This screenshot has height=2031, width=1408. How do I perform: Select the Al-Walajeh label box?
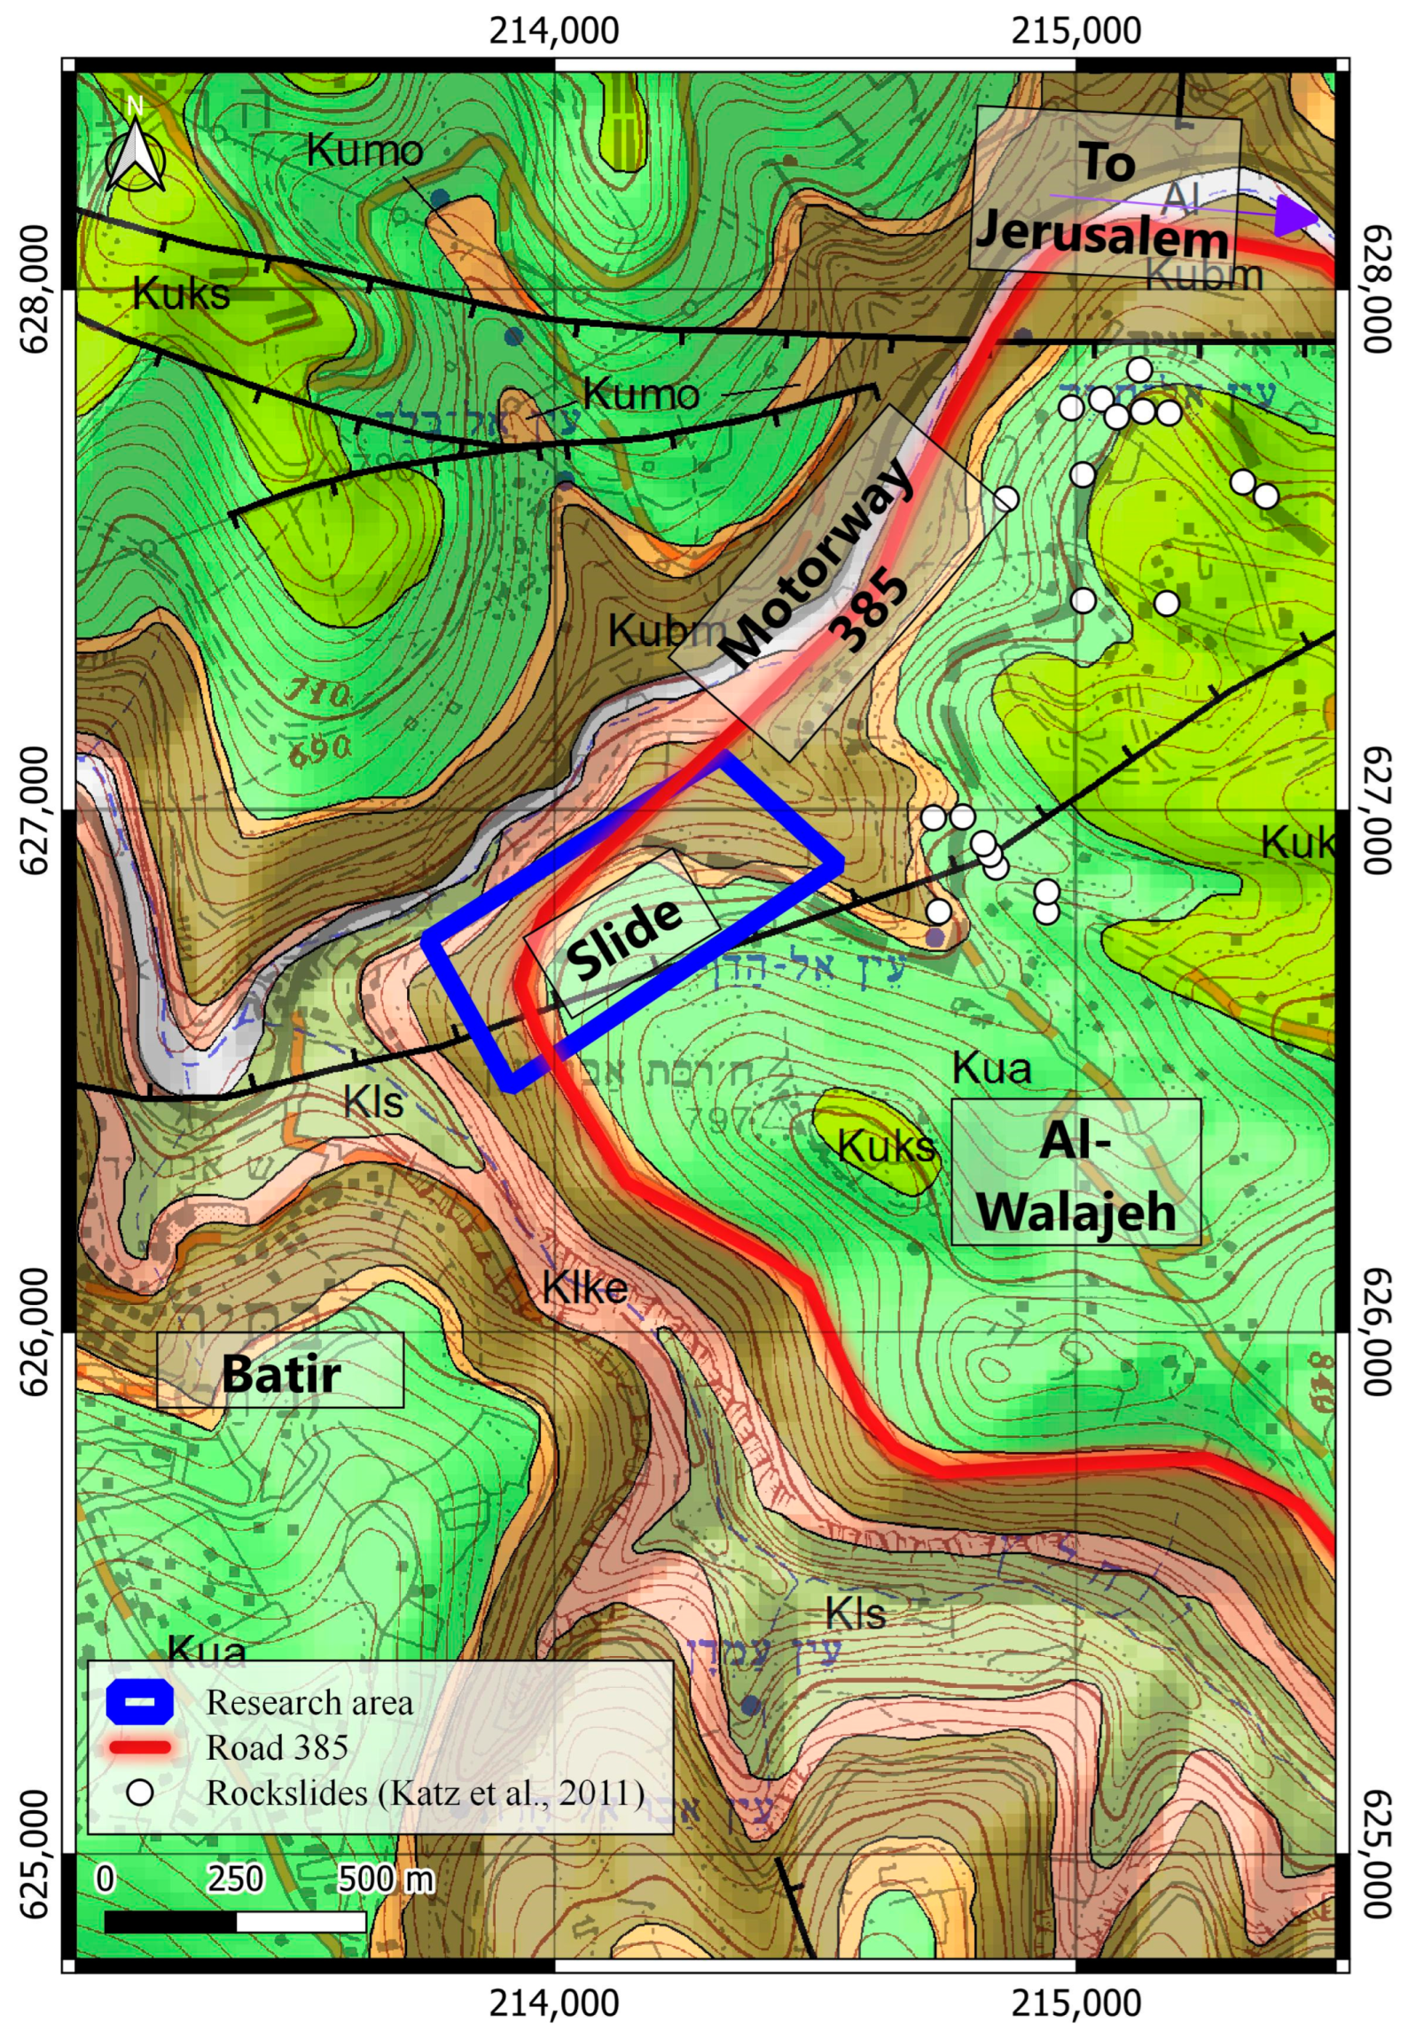(1076, 1172)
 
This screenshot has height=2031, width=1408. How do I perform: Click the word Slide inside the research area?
(623, 936)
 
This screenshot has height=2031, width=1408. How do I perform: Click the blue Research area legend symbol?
(139, 1702)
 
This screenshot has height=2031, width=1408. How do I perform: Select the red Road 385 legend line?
(139, 1747)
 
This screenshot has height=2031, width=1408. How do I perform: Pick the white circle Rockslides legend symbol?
(139, 1793)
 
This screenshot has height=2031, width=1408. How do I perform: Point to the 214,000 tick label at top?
(554, 32)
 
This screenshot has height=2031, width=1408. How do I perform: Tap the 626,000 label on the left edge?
(35, 1331)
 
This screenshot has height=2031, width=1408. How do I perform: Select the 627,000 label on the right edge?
(1376, 809)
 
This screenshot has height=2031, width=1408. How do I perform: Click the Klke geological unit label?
(584, 1287)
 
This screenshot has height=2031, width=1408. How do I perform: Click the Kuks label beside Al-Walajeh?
(886, 1145)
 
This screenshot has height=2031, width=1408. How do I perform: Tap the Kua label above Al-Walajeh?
(991, 1068)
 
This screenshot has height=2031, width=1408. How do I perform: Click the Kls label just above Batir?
(373, 1103)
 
